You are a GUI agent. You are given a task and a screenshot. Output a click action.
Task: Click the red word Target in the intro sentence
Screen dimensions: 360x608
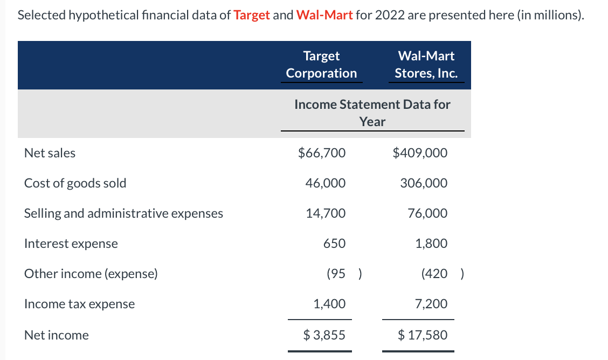point(252,15)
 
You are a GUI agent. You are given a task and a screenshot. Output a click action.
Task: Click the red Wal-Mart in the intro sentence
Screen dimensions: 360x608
point(324,15)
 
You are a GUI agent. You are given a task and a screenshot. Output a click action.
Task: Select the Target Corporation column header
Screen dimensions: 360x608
point(321,64)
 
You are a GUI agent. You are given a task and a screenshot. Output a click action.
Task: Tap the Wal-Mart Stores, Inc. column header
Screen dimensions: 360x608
point(426,64)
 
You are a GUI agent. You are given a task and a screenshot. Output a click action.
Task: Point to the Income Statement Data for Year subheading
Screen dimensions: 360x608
point(372,113)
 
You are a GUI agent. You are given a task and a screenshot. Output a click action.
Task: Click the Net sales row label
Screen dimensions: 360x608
point(50,153)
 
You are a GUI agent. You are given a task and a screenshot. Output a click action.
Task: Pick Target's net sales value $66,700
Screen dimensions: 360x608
point(322,153)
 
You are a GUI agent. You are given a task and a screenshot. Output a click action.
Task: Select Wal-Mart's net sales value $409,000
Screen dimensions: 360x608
point(420,153)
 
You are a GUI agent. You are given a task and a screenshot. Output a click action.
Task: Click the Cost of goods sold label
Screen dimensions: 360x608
point(75,183)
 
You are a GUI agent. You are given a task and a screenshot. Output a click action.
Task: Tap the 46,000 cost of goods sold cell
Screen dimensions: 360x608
point(326,183)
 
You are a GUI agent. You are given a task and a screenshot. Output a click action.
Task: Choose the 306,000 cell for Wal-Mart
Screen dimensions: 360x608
point(424,183)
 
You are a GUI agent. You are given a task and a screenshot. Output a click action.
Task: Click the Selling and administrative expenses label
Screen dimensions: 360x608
point(123,213)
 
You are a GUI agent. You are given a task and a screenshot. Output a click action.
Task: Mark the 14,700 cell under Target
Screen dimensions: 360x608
point(326,213)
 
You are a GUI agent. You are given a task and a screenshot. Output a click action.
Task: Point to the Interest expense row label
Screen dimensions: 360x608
point(71,244)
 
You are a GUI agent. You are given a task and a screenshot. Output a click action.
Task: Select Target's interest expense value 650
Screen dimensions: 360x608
point(334,244)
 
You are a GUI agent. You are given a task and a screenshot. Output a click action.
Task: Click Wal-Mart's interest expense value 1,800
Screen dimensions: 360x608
point(431,244)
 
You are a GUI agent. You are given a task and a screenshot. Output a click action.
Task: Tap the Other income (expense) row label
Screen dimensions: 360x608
point(91,274)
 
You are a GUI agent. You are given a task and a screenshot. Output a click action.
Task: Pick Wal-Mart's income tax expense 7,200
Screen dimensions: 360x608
point(431,304)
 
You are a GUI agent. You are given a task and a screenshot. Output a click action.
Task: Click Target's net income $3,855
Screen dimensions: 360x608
point(324,335)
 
